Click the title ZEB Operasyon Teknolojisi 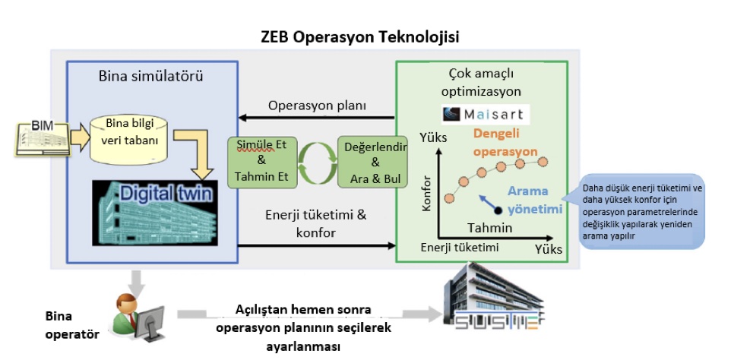coord(359,36)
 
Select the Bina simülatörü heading coord(150,76)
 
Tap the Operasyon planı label coord(317,105)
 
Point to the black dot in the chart coord(498,210)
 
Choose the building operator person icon coord(137,313)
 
